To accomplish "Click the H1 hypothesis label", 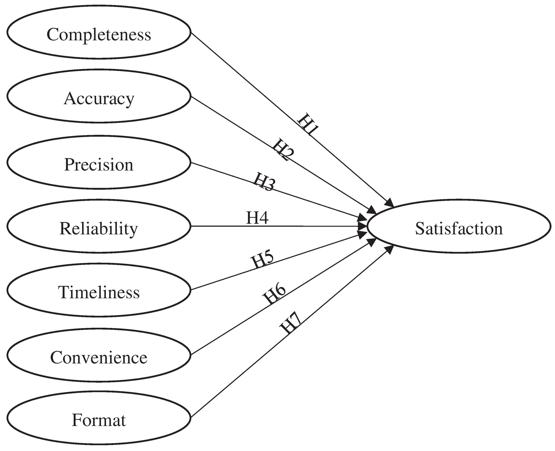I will coord(308,124).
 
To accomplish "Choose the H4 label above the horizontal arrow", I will coord(257,218).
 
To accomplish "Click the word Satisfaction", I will coord(459,229).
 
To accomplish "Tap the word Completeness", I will coord(99,35).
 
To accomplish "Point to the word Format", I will coord(99,420).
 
